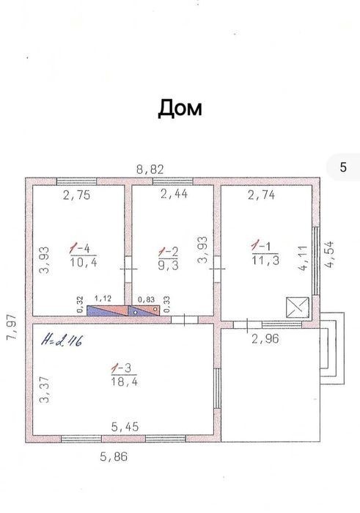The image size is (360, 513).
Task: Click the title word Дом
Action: click(180, 109)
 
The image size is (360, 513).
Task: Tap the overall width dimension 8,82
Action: click(150, 170)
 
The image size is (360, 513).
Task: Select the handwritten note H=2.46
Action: click(62, 341)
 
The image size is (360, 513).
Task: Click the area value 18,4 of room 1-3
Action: click(124, 382)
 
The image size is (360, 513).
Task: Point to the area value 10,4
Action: click(84, 262)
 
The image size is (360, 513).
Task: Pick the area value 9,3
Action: click(169, 265)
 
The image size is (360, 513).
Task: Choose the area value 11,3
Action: click(265, 260)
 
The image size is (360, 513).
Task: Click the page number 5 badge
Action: click(343, 167)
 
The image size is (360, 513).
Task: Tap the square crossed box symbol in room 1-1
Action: click(297, 308)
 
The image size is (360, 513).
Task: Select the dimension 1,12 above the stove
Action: click(103, 299)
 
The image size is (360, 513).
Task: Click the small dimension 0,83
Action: click(146, 299)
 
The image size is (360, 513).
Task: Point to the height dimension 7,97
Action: click(12, 327)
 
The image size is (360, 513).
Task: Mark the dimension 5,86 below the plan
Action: click(114, 456)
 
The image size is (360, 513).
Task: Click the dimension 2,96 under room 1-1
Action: click(265, 338)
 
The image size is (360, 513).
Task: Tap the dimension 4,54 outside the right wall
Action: click(329, 255)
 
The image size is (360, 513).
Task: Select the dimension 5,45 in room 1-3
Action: click(125, 426)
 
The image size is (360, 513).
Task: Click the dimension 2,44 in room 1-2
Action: click(174, 194)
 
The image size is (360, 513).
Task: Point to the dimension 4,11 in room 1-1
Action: click(303, 258)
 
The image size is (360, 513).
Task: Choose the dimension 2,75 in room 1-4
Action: click(76, 195)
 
